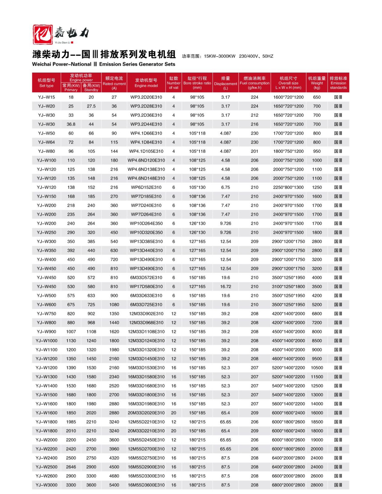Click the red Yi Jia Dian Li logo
43,34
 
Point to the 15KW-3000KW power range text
220,56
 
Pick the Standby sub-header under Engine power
91,88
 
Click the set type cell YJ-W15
47,97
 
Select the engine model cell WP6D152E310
146,187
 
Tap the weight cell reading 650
317,97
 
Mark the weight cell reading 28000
317,485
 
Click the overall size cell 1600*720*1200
288,97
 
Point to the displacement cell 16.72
225,287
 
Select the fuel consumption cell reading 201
254,151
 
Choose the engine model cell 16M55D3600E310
146,485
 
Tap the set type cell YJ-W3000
47,485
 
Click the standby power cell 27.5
91,106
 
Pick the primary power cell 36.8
71,124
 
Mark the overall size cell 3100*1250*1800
288,287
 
